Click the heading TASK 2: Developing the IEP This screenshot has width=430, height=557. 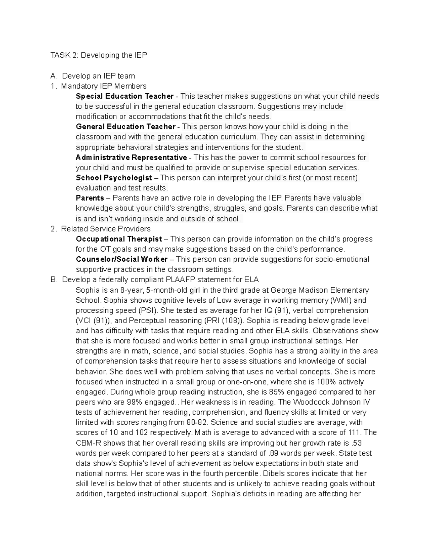tap(99, 55)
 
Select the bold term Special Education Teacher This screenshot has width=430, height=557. tap(125, 96)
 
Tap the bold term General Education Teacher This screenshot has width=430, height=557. tap(126, 127)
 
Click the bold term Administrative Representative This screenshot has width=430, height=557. tap(131, 157)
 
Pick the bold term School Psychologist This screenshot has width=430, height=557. tap(114, 178)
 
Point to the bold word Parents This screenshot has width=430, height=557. tap(90, 198)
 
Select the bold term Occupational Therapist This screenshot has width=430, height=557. tap(119, 239)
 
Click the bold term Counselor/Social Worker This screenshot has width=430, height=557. tap(122, 259)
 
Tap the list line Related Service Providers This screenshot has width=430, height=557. tap(106, 229)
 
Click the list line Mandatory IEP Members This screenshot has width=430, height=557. tap(104, 86)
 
